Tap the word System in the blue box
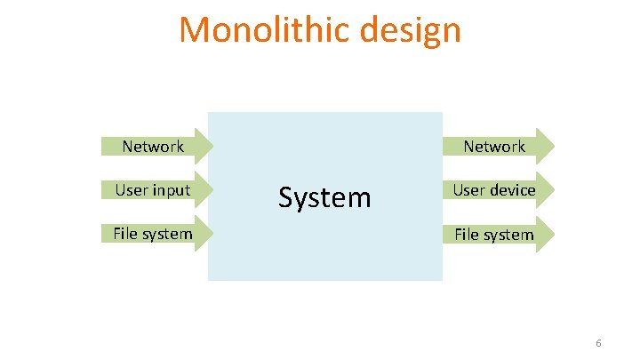(324, 196)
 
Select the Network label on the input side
(153, 146)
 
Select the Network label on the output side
(494, 146)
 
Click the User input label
(152, 189)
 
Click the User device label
(494, 189)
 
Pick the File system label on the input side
(152, 234)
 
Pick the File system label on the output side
(494, 235)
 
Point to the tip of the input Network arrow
(213, 146)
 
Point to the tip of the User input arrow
(213, 189)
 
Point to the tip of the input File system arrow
(213, 234)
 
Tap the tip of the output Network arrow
(555, 146)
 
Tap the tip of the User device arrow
(555, 189)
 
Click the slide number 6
(598, 343)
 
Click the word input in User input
(171, 189)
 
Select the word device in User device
(513, 189)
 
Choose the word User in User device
(469, 189)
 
